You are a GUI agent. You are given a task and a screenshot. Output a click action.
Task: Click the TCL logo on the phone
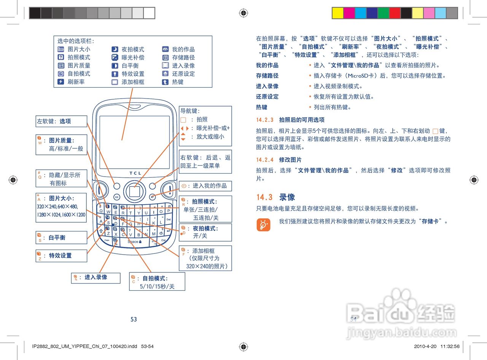[x=135, y=173]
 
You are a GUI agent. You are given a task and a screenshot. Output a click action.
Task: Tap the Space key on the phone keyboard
[x=134, y=242]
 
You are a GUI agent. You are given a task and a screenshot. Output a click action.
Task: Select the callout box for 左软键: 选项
[x=61, y=121]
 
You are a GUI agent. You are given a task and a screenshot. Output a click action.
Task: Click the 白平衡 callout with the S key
[x=61, y=237]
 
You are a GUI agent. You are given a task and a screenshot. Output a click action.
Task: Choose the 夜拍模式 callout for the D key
[x=205, y=232]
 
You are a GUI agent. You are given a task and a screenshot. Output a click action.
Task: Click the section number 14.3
[x=264, y=197]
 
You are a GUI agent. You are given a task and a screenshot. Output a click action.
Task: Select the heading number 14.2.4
[x=265, y=160]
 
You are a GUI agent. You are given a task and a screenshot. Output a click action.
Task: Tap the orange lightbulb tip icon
[x=263, y=225]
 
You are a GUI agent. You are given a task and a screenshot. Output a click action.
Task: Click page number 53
[x=134, y=319]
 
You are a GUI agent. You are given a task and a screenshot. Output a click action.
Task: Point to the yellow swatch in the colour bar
[x=337, y=13]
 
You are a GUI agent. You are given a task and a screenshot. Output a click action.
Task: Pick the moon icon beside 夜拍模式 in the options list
[x=115, y=49]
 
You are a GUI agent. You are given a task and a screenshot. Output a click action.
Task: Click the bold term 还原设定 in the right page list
[x=267, y=97]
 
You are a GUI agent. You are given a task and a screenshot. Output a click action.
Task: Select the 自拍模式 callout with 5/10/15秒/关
[x=157, y=282]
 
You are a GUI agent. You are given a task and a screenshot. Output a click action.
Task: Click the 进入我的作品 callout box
[x=205, y=186]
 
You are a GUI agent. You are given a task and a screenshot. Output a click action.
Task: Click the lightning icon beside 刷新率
[x=60, y=82]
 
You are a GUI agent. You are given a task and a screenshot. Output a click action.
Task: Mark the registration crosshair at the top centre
[x=243, y=13]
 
